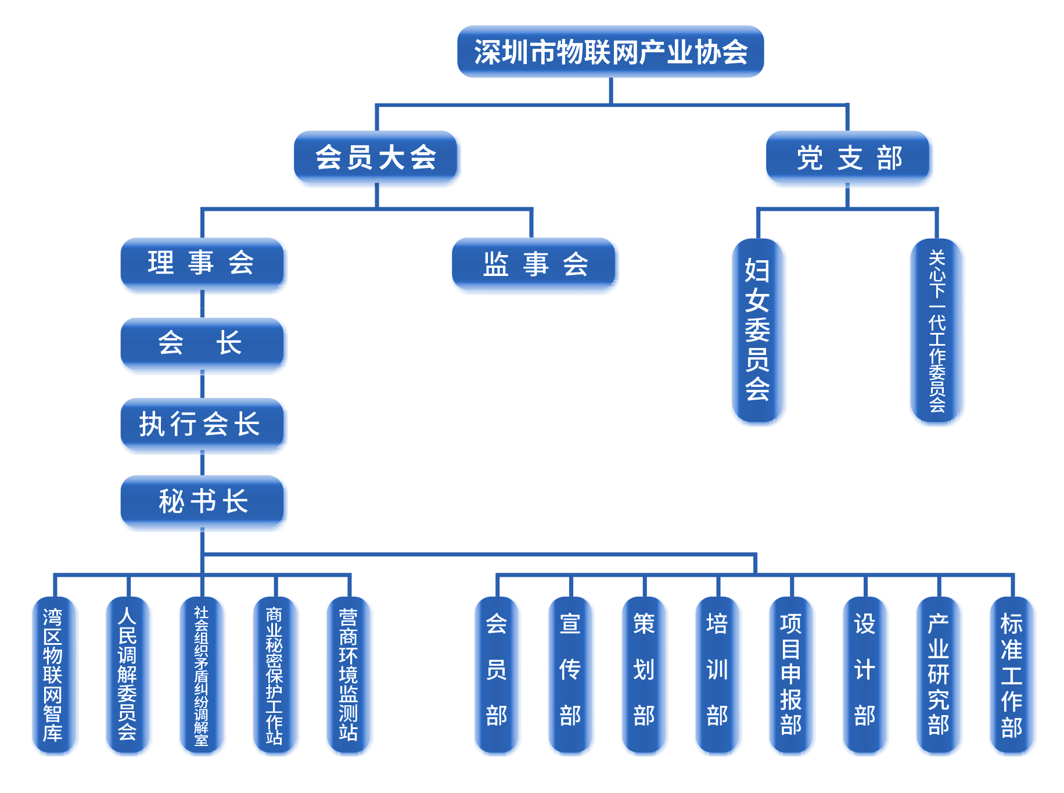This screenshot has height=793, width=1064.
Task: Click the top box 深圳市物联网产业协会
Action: tap(610, 52)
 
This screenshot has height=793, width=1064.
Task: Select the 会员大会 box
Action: tap(377, 158)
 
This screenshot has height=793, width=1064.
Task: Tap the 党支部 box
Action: tap(849, 158)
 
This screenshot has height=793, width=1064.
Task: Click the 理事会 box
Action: tap(203, 264)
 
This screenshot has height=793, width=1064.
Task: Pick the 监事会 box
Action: tap(535, 265)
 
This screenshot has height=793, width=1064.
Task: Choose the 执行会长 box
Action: tap(203, 425)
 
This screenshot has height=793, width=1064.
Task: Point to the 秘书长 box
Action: tap(203, 502)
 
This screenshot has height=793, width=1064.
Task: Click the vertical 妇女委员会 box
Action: tap(758, 331)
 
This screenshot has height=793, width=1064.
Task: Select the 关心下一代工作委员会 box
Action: tap(937, 331)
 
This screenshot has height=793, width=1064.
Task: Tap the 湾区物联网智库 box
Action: tap(54, 675)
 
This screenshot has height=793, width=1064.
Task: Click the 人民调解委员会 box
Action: tap(128, 675)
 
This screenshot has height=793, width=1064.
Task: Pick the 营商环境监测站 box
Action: tap(349, 675)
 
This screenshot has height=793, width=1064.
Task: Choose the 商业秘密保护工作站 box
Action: tap(275, 675)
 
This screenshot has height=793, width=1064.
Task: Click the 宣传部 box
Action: tap(570, 675)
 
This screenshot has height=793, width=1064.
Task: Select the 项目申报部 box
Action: tap(791, 675)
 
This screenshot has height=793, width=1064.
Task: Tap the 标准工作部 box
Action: tap(1012, 675)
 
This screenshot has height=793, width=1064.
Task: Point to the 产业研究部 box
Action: tap(939, 675)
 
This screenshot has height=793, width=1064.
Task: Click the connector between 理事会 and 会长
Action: tap(203, 306)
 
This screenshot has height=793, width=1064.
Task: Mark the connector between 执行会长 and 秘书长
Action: tap(203, 465)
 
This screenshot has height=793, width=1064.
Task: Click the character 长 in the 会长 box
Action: tap(229, 343)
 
